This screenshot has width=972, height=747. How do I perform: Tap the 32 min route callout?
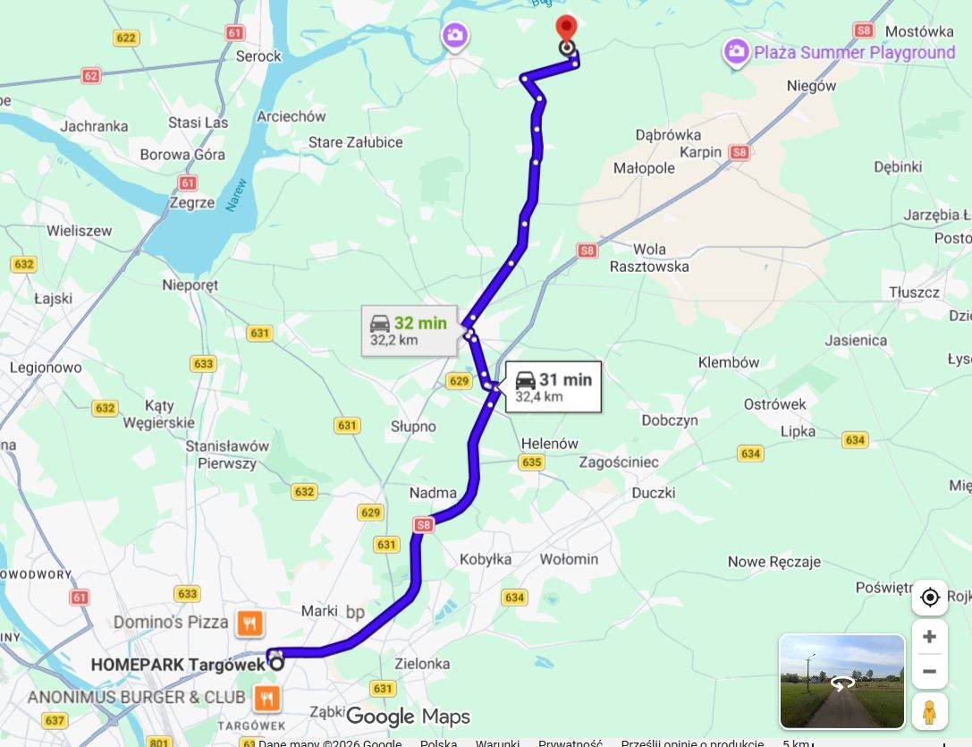[408, 331]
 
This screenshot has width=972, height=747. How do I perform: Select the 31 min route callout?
[553, 386]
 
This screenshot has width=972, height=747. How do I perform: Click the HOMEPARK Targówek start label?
[178, 665]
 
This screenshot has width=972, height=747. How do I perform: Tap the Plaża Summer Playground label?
[854, 53]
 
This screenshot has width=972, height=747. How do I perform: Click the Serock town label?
[258, 56]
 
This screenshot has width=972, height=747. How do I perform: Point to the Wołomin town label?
[569, 559]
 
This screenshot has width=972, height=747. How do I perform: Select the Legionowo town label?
[46, 368]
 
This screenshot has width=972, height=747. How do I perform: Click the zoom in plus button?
[929, 636]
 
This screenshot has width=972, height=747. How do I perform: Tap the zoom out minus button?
[929, 671]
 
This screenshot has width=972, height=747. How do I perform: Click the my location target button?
[929, 598]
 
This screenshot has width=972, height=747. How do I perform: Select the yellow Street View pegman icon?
[929, 711]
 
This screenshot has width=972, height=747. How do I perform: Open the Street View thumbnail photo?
[841, 682]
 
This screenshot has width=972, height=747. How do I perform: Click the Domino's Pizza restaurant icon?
[249, 623]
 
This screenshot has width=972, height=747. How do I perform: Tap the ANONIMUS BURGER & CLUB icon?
[266, 696]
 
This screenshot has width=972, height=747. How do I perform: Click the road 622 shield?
[126, 38]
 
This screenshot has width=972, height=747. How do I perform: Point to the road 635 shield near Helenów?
[531, 463]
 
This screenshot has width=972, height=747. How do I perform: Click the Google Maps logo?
[407, 716]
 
